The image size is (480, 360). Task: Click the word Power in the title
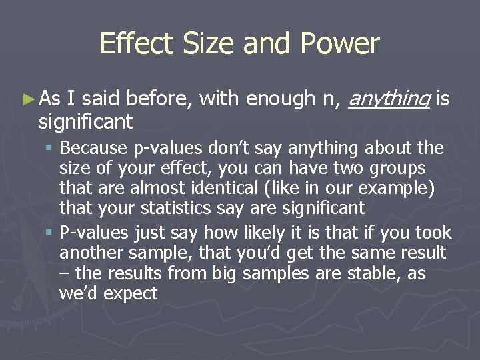pos(339,43)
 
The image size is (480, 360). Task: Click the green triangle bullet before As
pos(27,100)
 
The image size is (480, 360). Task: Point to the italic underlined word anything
pos(390,100)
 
